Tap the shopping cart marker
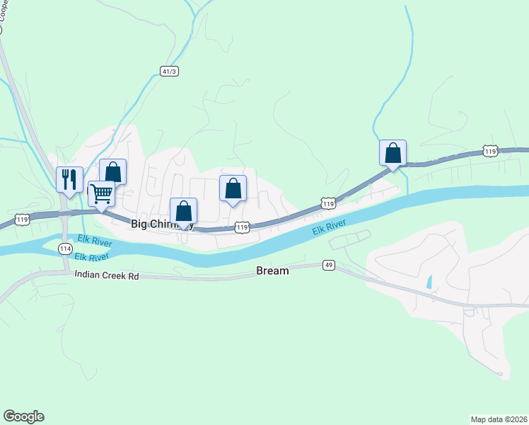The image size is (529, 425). coord(102,192)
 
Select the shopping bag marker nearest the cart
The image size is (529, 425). coord(112,171)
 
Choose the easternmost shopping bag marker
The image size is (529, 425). coord(393,152)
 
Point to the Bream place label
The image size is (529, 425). coord(272,271)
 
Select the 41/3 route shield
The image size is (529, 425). coord(168,72)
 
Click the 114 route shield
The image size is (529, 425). coord(65,248)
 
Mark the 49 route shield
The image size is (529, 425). coord(328,265)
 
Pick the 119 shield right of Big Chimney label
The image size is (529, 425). coord(242,227)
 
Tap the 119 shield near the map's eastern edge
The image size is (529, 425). coord(490,151)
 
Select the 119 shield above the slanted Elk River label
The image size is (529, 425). coord(327,203)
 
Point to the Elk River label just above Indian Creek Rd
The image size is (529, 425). coord(92,257)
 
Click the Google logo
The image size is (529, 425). coord(23,416)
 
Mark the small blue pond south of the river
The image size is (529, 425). coord(429,280)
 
